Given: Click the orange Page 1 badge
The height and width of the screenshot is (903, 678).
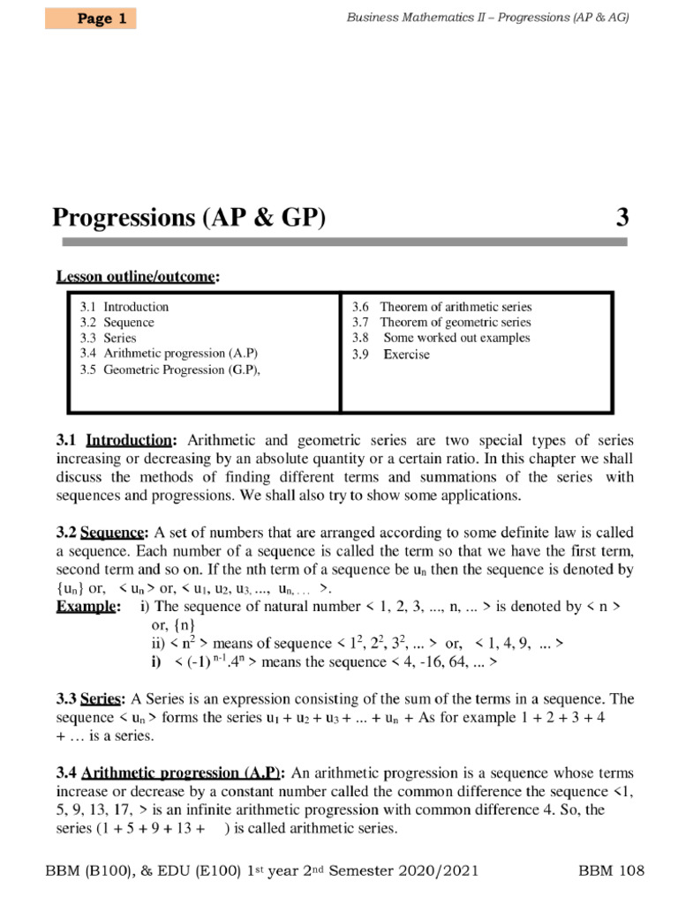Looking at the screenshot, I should coord(91,19).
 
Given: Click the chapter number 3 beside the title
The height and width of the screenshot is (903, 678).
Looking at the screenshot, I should coord(621,217).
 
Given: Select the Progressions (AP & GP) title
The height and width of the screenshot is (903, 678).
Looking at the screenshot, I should coord(189,217).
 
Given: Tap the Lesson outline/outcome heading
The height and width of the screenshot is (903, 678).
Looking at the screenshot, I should coord(137,277).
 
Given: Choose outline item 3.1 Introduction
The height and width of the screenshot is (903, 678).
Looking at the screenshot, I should coord(124,307).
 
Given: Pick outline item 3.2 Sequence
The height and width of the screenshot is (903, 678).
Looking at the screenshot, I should coord(117,323).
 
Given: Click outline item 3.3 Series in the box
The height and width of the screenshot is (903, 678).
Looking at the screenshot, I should coord(109,338).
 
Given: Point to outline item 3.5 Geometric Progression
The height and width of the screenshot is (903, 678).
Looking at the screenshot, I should coord(169,369).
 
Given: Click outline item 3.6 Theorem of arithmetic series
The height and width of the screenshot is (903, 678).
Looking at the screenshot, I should coord(442,307).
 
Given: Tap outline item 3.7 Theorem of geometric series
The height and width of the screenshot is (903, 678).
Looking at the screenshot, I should coord(441,323).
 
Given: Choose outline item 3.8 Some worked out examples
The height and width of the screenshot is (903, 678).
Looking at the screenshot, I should coord(441,338).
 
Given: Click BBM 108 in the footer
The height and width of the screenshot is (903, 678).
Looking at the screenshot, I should coord(611,871).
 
